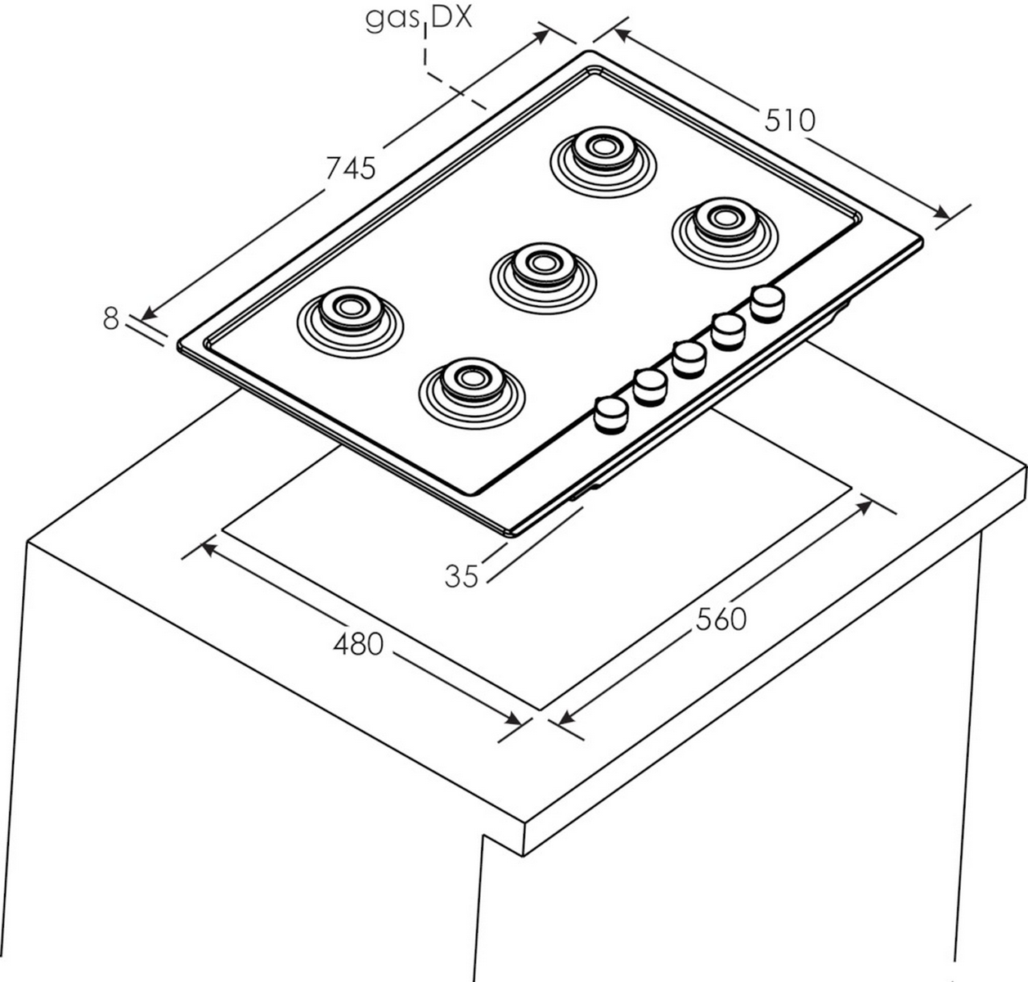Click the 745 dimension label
point(350,167)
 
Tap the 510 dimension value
point(790,120)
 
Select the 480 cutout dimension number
point(357,645)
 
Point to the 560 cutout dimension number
point(721,619)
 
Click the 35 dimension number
point(461,576)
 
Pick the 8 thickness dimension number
point(111,318)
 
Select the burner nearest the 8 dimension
point(349,310)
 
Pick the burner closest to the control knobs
point(469,381)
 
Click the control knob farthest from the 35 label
point(767,302)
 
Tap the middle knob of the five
point(689,358)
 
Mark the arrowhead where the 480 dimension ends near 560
point(513,719)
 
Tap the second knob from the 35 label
point(650,386)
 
